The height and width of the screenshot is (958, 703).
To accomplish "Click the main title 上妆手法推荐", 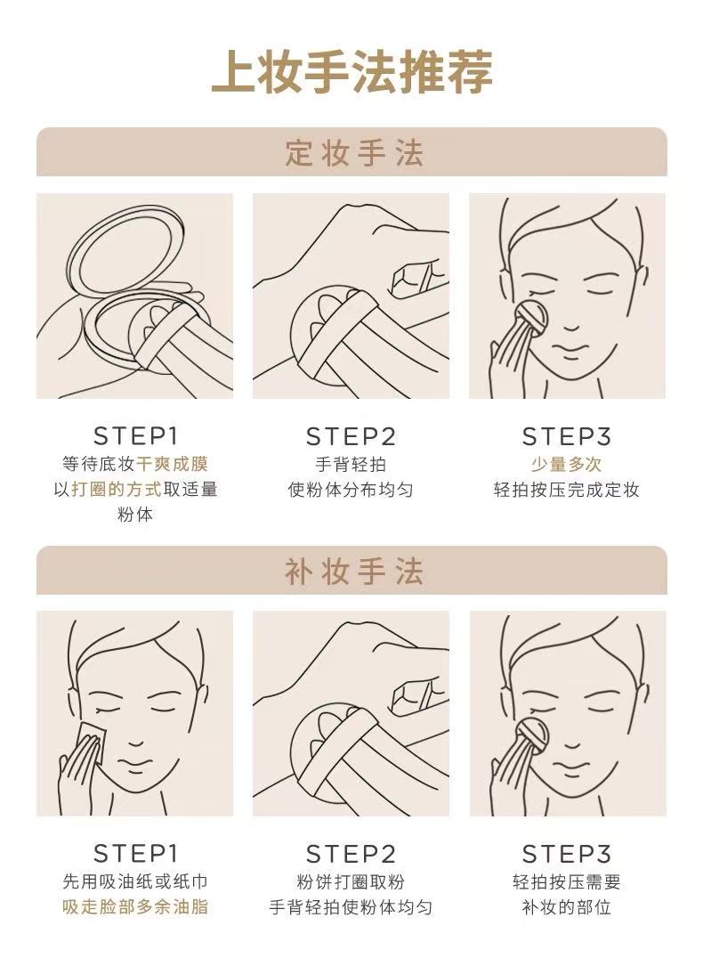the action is pos(351,72).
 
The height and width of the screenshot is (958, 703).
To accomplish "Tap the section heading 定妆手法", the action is pos(353,153).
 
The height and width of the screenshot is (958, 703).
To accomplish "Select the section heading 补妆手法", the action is pos(353,572).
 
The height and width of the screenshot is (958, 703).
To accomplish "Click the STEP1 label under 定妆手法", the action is pos(135,436).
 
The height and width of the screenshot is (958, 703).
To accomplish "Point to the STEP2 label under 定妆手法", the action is pos(351,437).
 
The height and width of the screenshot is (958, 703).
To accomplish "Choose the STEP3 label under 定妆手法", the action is pos(566,437).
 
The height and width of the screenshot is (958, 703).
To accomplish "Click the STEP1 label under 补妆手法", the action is pos(135,854).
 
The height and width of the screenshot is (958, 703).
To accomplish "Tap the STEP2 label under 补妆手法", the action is pos(351,854).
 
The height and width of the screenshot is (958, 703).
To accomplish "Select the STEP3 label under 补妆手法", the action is pos(566,854).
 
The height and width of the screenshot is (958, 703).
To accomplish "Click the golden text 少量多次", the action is pos(566,464).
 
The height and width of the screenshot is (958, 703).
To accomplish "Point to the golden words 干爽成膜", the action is pos(172,464).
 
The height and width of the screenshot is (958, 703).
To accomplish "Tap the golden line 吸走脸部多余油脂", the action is pos(135,906).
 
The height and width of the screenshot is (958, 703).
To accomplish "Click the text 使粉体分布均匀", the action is pos(351,490).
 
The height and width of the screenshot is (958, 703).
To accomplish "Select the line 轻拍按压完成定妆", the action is pos(566,490).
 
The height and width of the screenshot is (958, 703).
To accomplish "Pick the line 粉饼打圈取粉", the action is pos(351,881).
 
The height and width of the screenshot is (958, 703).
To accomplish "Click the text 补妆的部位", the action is pos(566,906).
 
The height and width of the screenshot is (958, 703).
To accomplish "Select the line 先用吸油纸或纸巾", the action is pos(135,881).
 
